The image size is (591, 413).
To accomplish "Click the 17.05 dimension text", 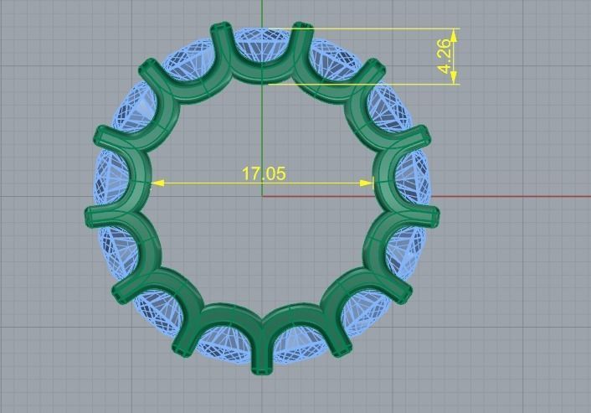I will (x=264, y=173).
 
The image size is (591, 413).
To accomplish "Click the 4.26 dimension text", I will (x=446, y=56).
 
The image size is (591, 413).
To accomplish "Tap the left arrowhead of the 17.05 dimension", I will (x=157, y=182).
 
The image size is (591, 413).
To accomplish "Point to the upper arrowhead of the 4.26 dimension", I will (x=454, y=34).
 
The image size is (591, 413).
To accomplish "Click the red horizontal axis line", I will (x=502, y=197).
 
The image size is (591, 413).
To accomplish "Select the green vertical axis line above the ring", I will (x=263, y=13).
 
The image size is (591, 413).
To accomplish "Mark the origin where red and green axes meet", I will (x=263, y=197).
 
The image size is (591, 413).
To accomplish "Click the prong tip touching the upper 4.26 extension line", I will (x=304, y=28).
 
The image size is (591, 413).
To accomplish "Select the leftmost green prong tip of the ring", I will (x=90, y=216).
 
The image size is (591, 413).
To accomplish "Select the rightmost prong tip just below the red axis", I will (x=434, y=216).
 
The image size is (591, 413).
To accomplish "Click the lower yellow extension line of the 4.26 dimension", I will (x=377, y=83).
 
